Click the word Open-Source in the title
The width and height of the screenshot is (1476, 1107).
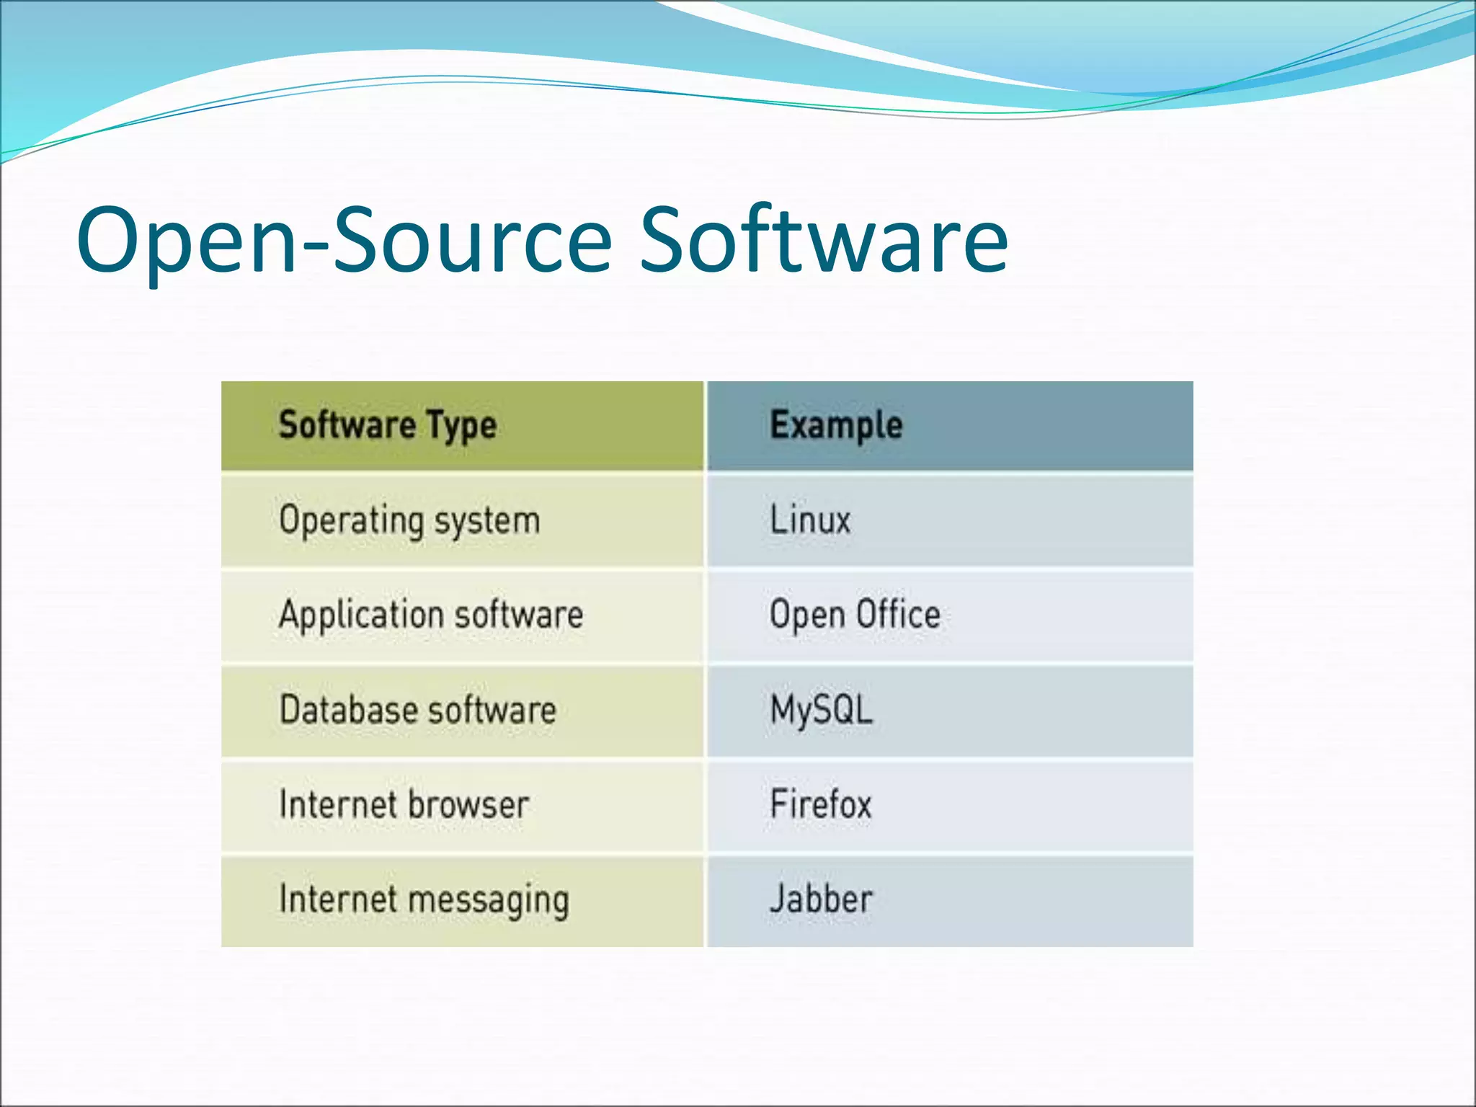pos(344,241)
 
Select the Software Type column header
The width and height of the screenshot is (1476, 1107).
pos(388,425)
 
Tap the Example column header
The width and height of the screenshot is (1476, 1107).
pos(836,425)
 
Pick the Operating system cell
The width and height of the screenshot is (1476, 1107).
pos(409,520)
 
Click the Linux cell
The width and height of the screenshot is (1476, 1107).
pos(810,520)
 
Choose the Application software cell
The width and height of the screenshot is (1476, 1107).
pos(431,615)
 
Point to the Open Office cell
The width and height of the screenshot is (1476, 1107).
pos(855,615)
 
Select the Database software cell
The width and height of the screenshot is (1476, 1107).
pos(418,711)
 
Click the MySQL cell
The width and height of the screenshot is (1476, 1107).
pos(822,711)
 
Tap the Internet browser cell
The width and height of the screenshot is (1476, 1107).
pos(404,805)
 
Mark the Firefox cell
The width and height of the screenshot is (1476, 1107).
pos(821,805)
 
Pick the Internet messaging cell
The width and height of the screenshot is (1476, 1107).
pos(424,901)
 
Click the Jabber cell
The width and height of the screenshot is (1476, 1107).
pos(821,900)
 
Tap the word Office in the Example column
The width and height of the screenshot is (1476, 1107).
pos(898,615)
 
